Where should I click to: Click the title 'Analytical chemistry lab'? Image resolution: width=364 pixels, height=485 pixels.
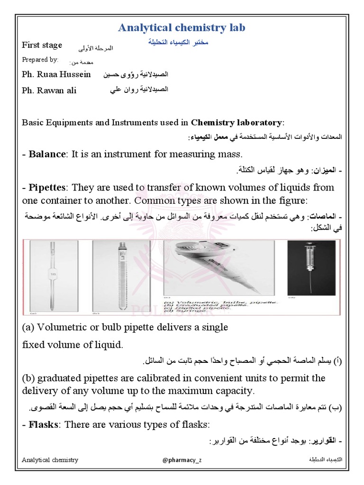[182, 28]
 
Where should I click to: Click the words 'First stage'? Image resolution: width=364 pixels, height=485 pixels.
[42, 45]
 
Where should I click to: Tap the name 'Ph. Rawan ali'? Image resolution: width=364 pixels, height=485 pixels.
[49, 90]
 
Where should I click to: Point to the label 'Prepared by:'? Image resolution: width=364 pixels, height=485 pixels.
[40, 60]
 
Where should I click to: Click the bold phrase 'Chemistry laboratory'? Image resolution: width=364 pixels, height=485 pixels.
[237, 123]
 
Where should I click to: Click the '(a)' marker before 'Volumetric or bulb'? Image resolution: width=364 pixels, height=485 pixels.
[28, 327]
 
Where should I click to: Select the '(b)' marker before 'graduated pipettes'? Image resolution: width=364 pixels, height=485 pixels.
[29, 379]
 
